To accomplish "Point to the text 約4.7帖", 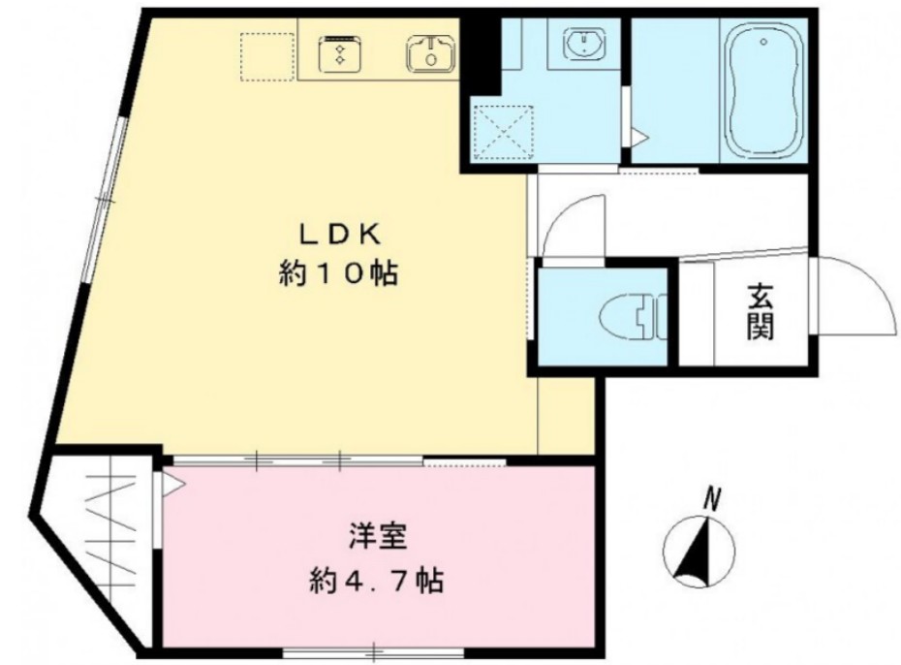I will coord(377,581).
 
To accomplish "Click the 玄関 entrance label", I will coord(760,313).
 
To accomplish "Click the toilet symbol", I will coord(629,315).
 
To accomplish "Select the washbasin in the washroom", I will coord(585,45).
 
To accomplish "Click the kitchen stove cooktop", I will coord(340,52).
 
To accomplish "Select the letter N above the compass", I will coord(712,501).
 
